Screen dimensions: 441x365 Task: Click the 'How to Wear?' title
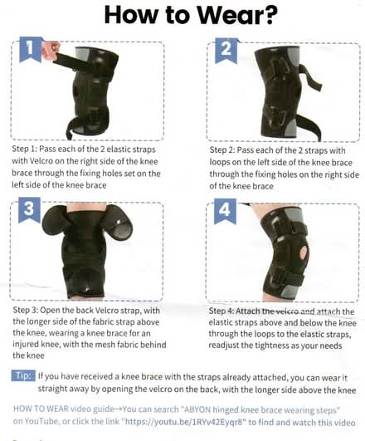coord(182,16)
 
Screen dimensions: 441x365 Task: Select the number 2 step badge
coord(226,51)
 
